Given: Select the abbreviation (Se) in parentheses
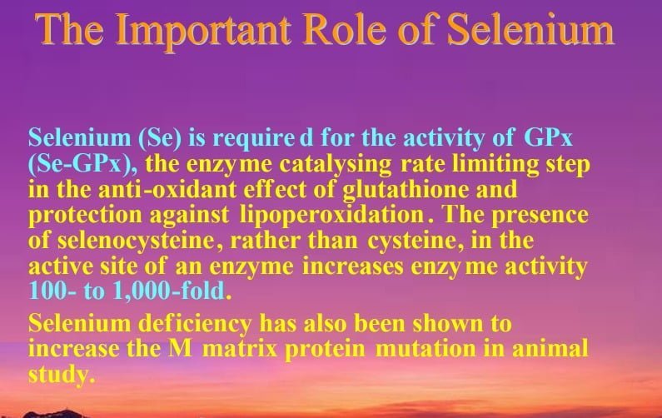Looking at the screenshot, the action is tap(160, 138).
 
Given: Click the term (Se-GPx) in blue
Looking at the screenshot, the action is tap(82, 164).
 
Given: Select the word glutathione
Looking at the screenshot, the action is tap(406, 190).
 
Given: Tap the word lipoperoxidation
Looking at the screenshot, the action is tap(332, 216).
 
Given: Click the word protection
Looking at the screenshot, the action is tap(85, 216).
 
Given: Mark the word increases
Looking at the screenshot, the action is tap(352, 266).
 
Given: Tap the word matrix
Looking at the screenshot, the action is tap(239, 349).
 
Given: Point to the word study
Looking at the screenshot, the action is tap(62, 375).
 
